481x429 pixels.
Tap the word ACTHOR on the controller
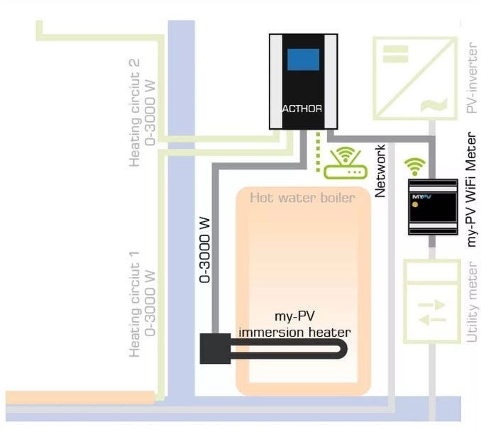pyautogui.click(x=303, y=109)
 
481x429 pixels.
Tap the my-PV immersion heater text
pyautogui.click(x=294, y=325)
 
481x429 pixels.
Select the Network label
pyautogui.click(x=381, y=170)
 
